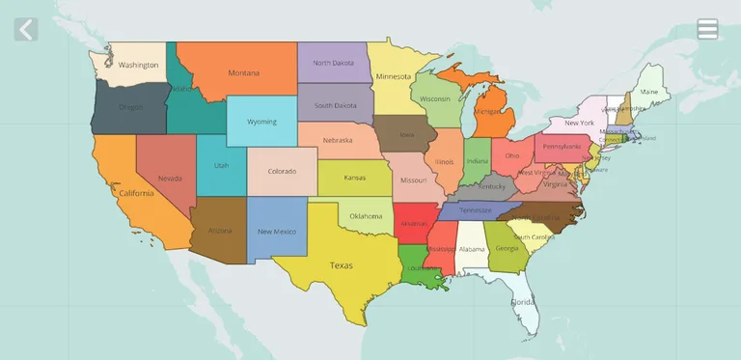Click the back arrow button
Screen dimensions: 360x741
tap(26, 29)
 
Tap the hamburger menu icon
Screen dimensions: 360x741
tap(707, 29)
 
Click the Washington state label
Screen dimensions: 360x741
tap(138, 66)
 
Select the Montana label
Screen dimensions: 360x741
tap(243, 73)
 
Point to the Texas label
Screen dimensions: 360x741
tap(341, 265)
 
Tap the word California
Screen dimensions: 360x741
tap(136, 193)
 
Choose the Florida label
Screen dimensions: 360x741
tap(522, 302)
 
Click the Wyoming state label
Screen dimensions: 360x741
tap(261, 123)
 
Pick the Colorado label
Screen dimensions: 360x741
tap(282, 172)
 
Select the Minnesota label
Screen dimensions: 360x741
tap(393, 76)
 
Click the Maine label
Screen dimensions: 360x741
tap(648, 93)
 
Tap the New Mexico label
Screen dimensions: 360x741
tap(277, 232)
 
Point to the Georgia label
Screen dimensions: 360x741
tap(507, 248)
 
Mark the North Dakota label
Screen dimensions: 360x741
tap(333, 64)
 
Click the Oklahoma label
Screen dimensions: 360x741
tap(366, 216)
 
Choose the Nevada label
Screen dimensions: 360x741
tap(170, 179)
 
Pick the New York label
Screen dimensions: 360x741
tap(579, 124)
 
